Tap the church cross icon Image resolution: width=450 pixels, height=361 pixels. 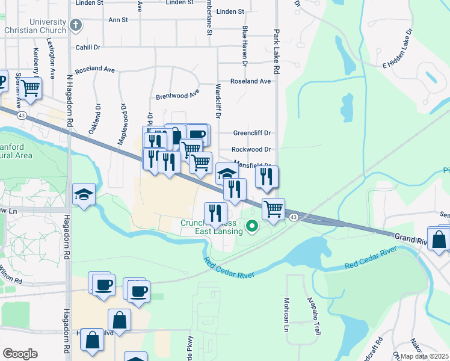(75, 25)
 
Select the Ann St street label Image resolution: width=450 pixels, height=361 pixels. (119, 20)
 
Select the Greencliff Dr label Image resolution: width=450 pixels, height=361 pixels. (252, 134)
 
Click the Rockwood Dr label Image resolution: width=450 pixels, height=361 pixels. (251, 149)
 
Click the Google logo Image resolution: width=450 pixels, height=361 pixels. (20, 354)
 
